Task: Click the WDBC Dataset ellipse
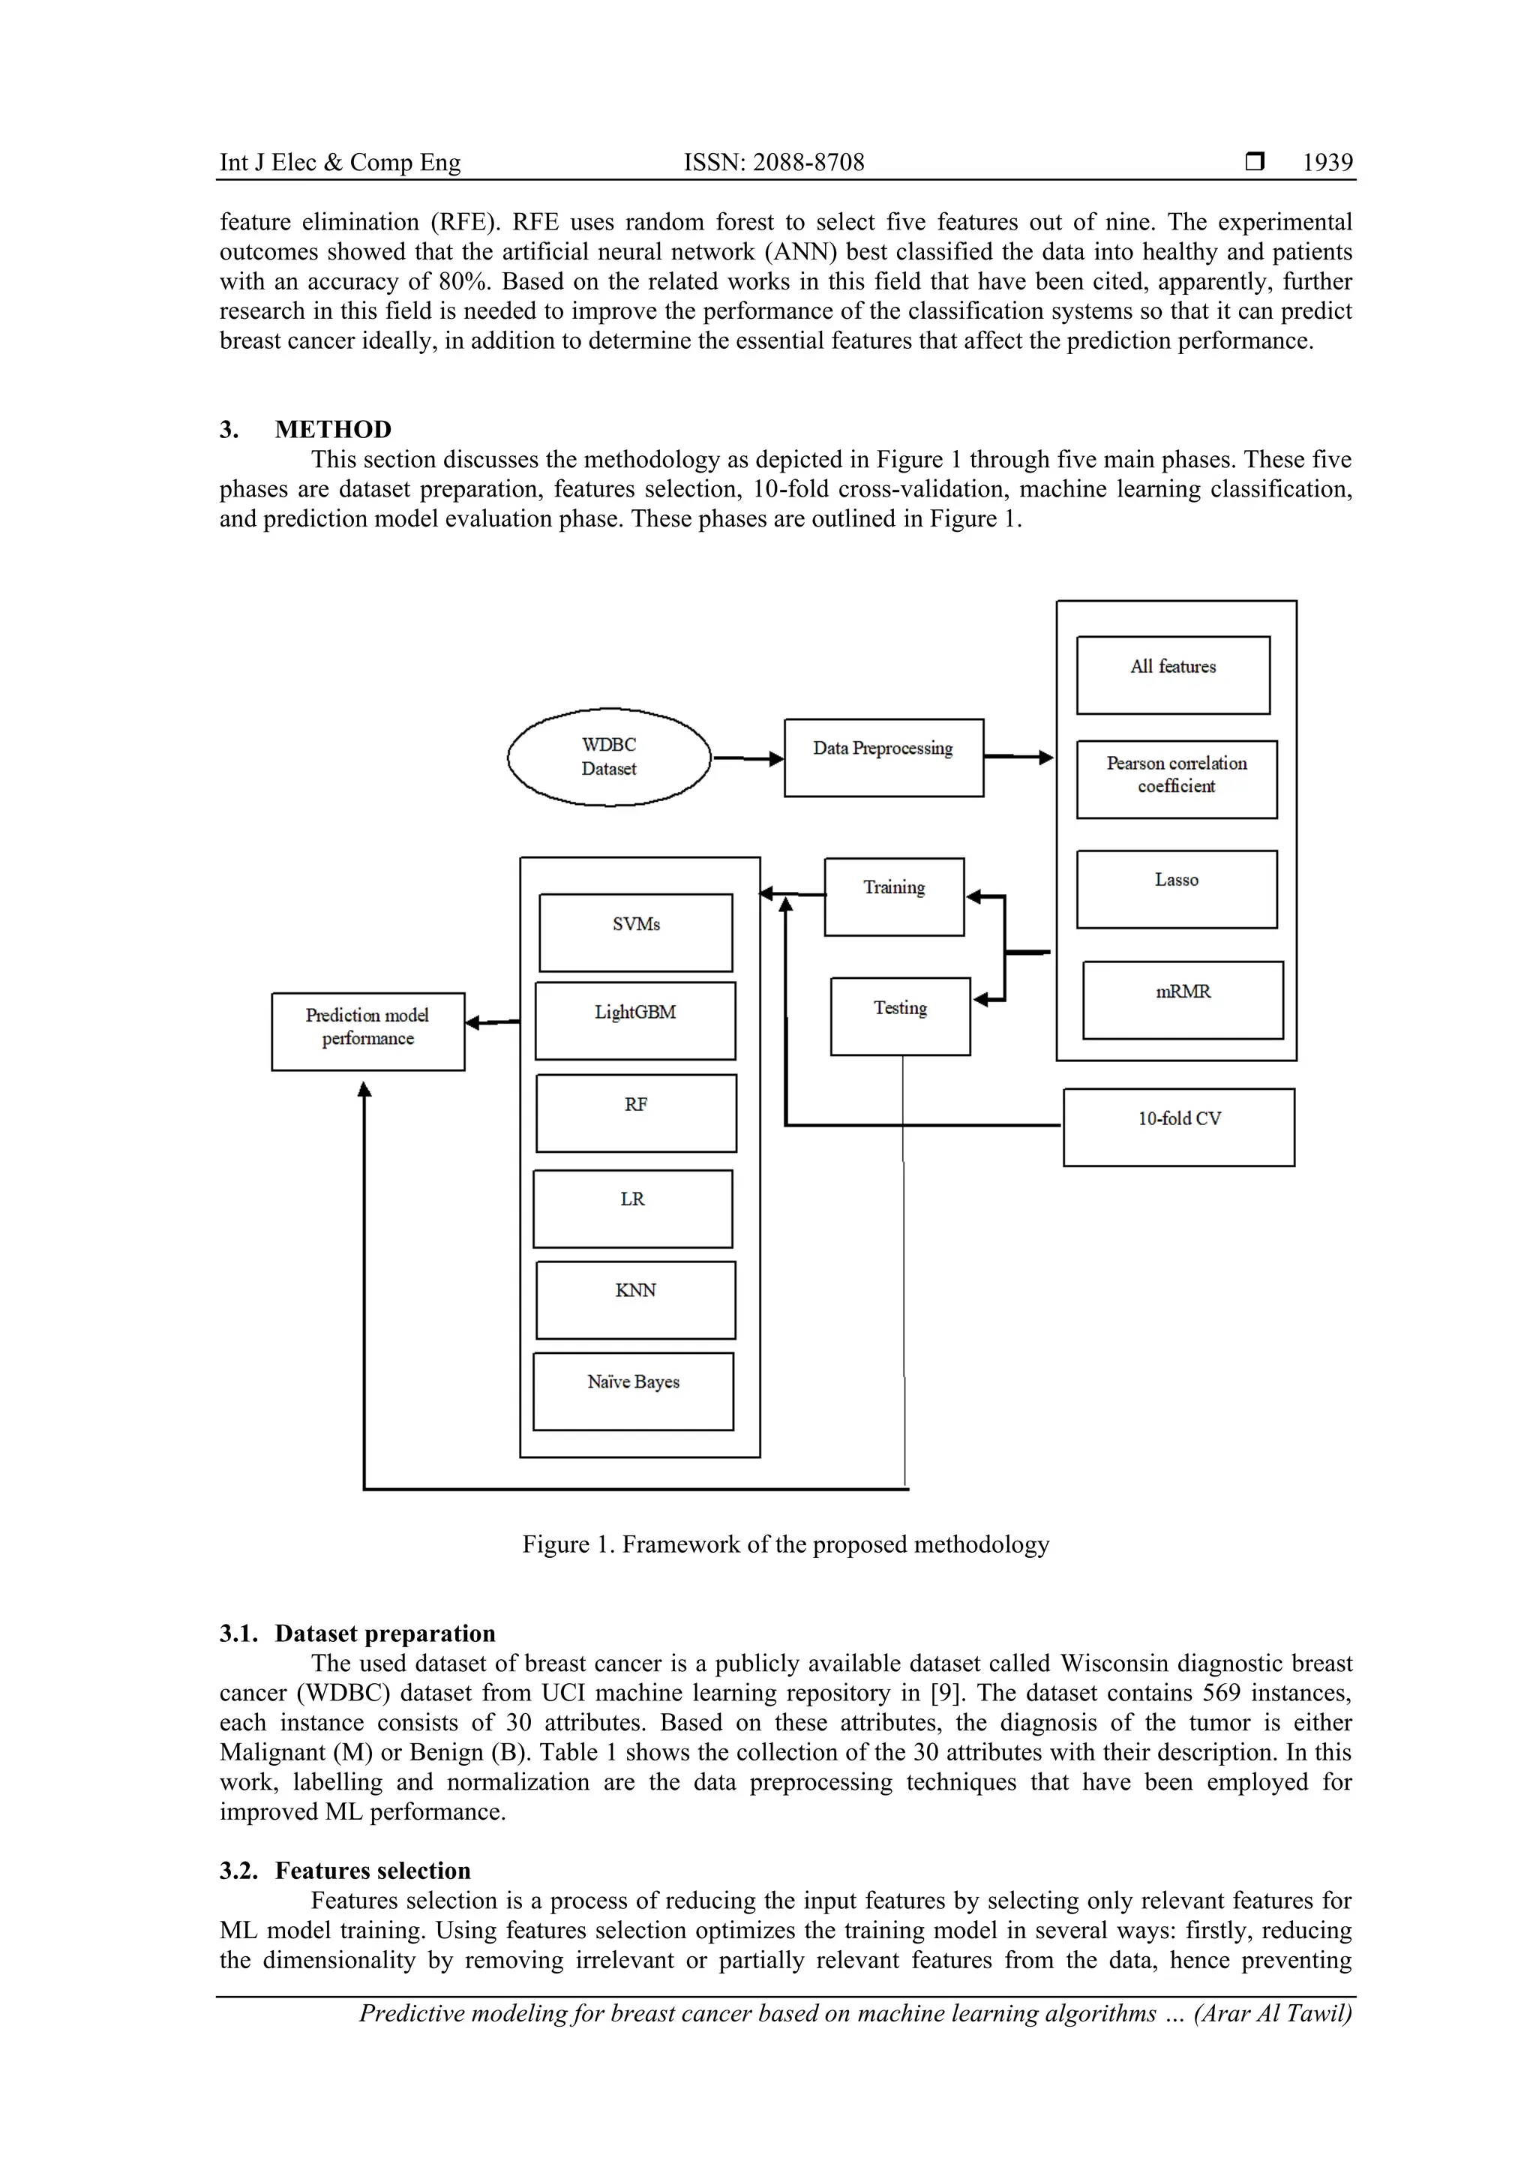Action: tap(608, 756)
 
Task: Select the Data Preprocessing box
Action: tap(883, 757)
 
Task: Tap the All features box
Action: tap(1172, 675)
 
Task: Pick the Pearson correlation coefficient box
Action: tap(1176, 779)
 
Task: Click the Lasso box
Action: tap(1176, 889)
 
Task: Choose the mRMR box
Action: tap(1183, 999)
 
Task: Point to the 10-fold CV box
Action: tap(1178, 1126)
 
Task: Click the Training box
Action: tap(894, 896)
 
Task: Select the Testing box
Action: tap(900, 1016)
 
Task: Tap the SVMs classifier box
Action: tap(636, 932)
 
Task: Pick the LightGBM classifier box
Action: tap(635, 1020)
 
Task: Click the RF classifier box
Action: tap(636, 1112)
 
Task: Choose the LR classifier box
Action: tap(632, 1208)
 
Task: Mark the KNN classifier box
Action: tap(635, 1299)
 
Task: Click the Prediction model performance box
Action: tap(367, 1031)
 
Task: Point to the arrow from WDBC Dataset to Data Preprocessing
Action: tap(748, 758)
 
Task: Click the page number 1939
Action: tap(1327, 162)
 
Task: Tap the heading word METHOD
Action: tap(333, 429)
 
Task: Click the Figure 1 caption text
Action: tap(785, 1544)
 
